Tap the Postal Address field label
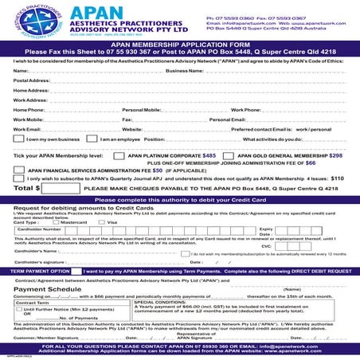[32, 80]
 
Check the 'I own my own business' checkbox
[19, 139]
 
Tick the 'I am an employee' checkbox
[92, 139]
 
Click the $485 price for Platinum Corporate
[209, 155]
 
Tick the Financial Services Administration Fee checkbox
[19, 170]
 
